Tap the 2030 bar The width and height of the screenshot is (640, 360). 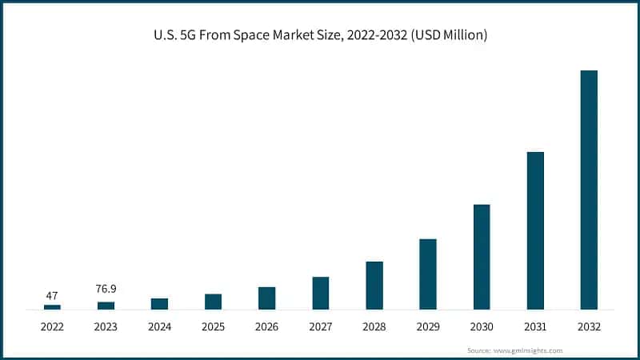(x=482, y=257)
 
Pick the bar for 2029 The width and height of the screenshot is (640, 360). (x=428, y=274)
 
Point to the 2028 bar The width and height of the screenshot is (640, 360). (x=374, y=285)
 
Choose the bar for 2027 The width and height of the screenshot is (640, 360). (x=321, y=293)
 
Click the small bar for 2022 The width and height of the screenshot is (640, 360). (x=52, y=306)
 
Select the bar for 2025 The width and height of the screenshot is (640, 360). (x=213, y=301)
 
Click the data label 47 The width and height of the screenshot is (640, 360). (x=52, y=295)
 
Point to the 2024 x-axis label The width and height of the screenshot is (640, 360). (x=159, y=327)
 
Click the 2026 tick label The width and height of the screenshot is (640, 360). (x=266, y=327)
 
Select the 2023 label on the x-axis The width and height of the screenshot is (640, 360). (x=106, y=327)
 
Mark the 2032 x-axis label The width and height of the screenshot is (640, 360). (x=588, y=327)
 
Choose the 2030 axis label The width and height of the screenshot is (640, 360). (x=482, y=327)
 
